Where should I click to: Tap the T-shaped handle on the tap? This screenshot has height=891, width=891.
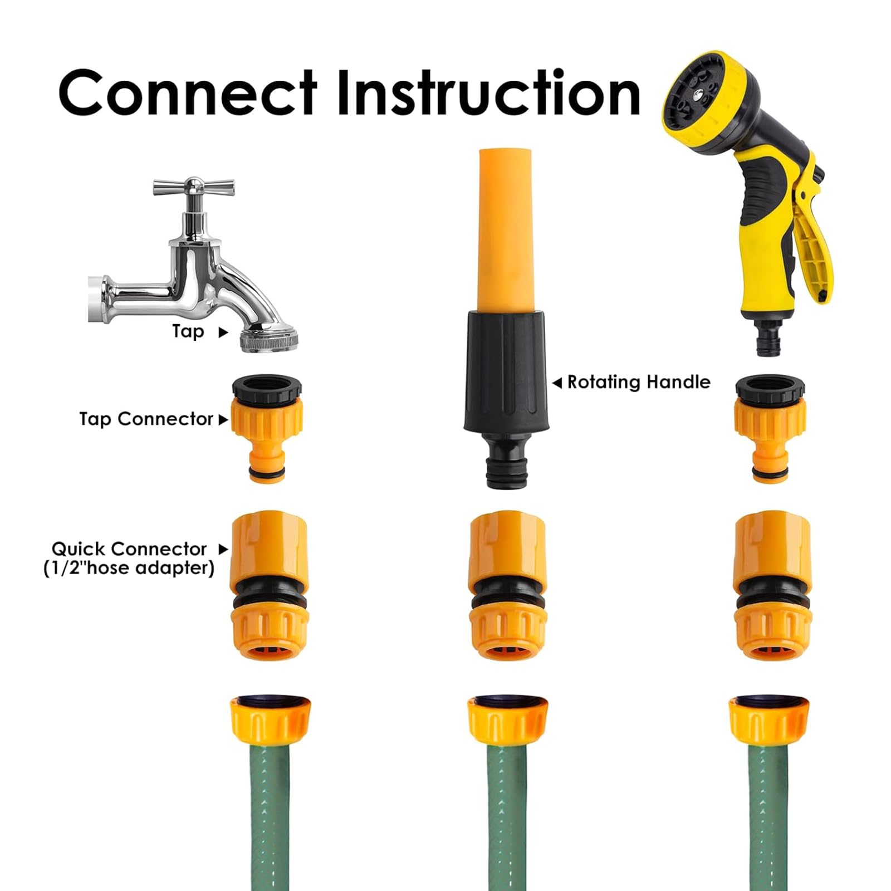194,188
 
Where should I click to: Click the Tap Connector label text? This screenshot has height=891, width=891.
146,419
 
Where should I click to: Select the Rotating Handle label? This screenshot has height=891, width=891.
639,382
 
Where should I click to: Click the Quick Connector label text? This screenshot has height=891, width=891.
129,558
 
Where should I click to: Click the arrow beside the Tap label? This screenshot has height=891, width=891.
223,332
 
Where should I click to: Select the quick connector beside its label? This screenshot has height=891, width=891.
268,585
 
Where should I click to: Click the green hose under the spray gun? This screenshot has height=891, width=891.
770,819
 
